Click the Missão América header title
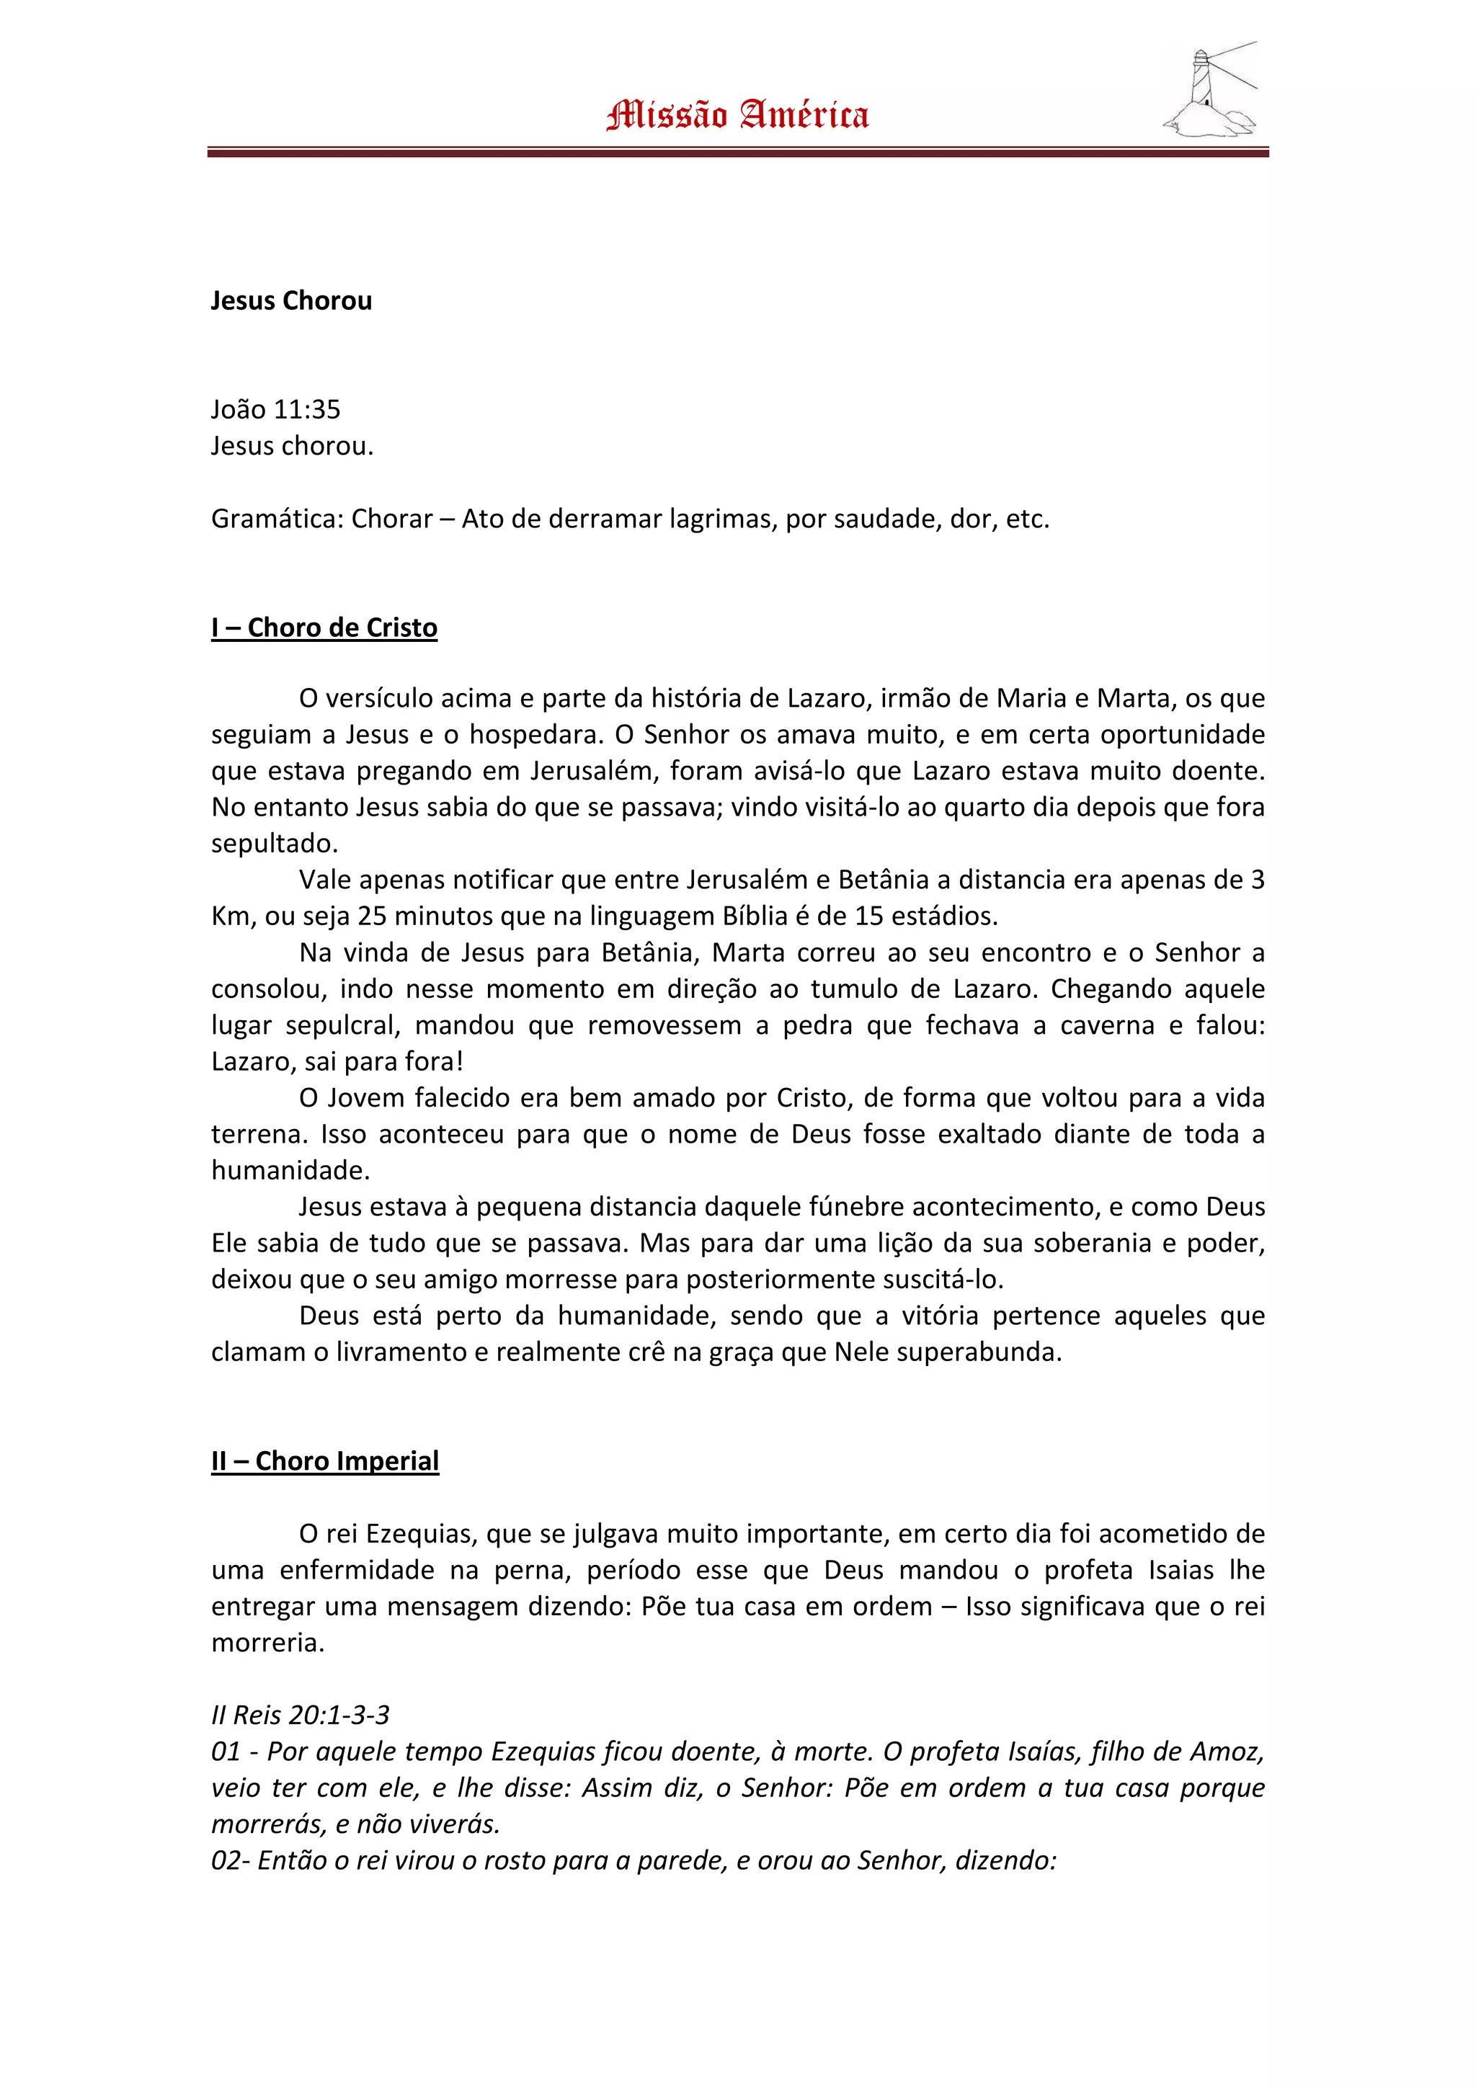tap(737, 115)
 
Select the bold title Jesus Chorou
tap(291, 301)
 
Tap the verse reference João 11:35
tap(275, 409)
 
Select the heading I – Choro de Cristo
tap(324, 628)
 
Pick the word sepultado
tap(274, 844)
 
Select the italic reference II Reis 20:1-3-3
tap(300, 1715)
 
